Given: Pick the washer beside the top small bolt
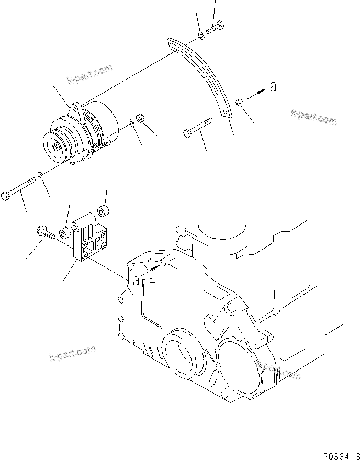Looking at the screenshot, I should pos(201,35).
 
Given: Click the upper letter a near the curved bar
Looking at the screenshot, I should pos(272,87).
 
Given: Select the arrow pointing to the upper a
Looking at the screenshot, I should pos(256,93).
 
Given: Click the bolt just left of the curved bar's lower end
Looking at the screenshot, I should pos(198,129).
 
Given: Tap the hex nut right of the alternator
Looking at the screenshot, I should pos(140,118).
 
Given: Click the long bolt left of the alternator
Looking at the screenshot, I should pos(19,189).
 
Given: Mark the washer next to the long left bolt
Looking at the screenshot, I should pos(41,175).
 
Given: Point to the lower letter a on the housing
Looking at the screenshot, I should pos(136,281).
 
